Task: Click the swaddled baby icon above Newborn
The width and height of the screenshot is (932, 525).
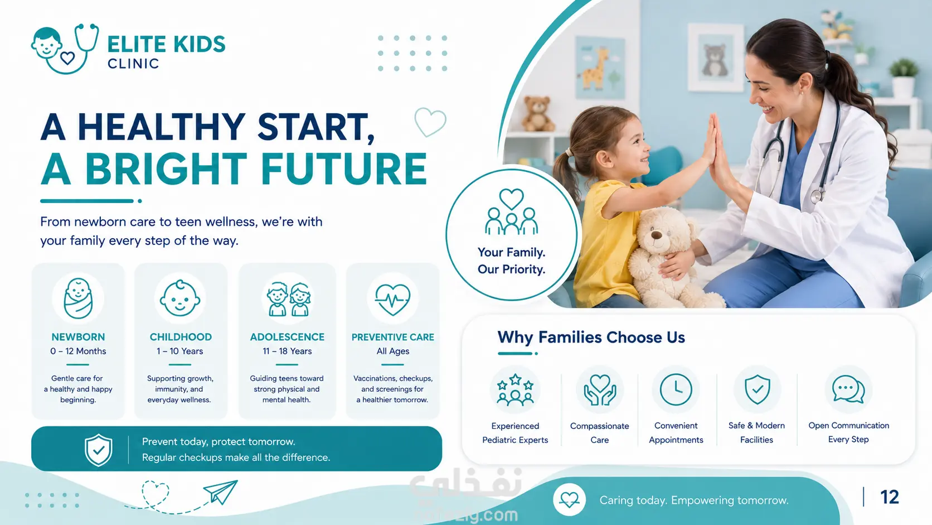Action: click(78, 298)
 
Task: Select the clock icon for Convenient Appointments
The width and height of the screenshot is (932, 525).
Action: click(676, 389)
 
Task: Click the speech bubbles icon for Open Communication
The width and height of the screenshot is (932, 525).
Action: click(848, 389)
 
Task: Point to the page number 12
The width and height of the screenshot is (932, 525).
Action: click(890, 497)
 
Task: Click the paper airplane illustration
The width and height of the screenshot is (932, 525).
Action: click(221, 492)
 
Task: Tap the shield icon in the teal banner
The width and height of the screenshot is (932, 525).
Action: click(98, 450)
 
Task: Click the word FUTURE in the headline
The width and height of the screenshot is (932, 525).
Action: click(344, 168)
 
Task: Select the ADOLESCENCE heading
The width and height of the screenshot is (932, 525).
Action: click(287, 337)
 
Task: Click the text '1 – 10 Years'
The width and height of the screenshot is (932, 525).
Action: click(179, 351)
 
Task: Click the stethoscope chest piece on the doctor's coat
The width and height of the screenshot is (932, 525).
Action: click(817, 196)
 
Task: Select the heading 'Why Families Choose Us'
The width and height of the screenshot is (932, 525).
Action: click(591, 337)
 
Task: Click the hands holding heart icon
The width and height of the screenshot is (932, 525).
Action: click(599, 389)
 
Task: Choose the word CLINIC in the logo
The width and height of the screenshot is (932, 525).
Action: click(133, 64)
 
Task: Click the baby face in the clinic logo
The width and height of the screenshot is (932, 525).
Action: click(47, 42)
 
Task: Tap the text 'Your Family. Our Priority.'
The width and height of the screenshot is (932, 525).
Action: click(511, 261)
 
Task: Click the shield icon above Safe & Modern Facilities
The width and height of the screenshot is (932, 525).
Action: click(757, 389)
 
